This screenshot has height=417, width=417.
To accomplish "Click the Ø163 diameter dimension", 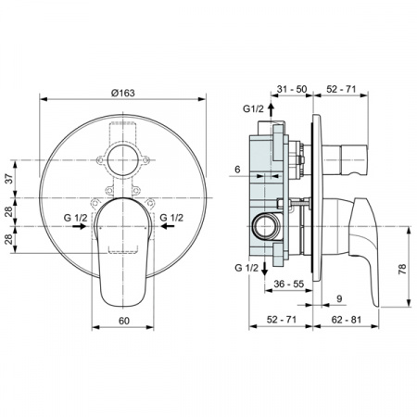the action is [x=122, y=93].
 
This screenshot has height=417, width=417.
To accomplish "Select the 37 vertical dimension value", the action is [x=10, y=179].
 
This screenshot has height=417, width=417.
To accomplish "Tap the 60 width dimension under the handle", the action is [x=123, y=321].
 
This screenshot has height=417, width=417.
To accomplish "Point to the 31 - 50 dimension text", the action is [x=292, y=89].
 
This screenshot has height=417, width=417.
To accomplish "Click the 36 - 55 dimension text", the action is [x=289, y=284].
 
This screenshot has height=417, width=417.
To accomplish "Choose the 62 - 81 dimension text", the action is [x=346, y=320].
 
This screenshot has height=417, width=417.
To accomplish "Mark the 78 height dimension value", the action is [x=402, y=269].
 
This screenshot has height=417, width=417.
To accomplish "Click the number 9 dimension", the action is [x=339, y=298].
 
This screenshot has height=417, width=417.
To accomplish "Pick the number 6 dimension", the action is [x=237, y=170].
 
